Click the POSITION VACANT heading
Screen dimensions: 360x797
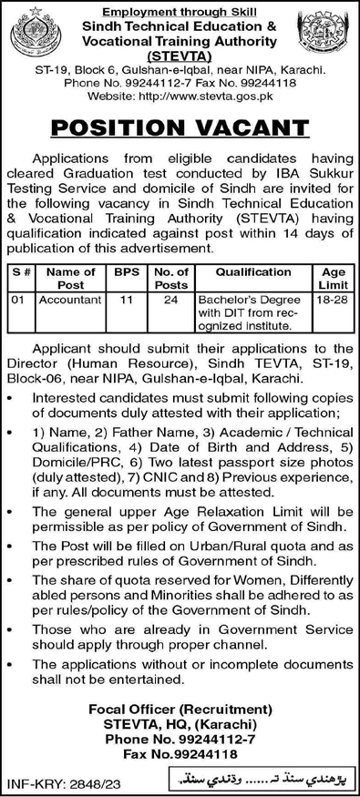click(x=180, y=125)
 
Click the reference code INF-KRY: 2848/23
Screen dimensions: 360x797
click(x=56, y=782)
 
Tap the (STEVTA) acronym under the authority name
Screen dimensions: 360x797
click(x=180, y=53)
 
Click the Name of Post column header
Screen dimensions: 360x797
click(x=69, y=276)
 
